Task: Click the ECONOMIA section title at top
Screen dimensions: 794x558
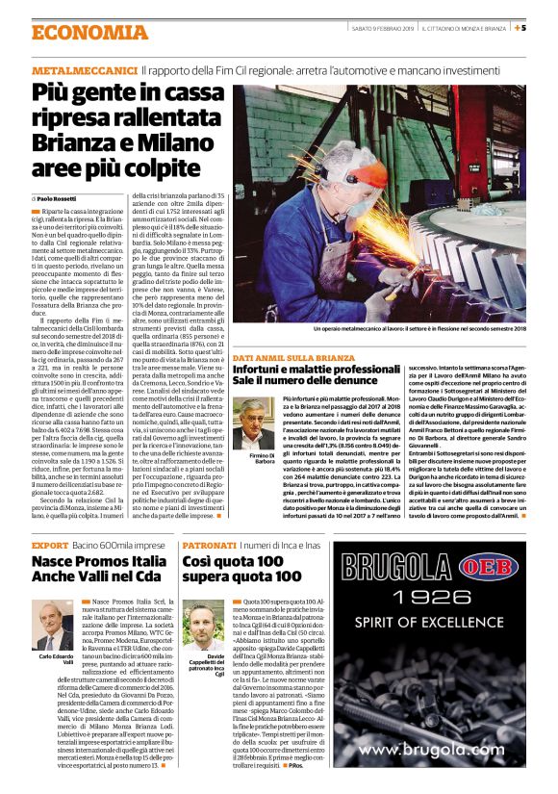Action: pos(89,33)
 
